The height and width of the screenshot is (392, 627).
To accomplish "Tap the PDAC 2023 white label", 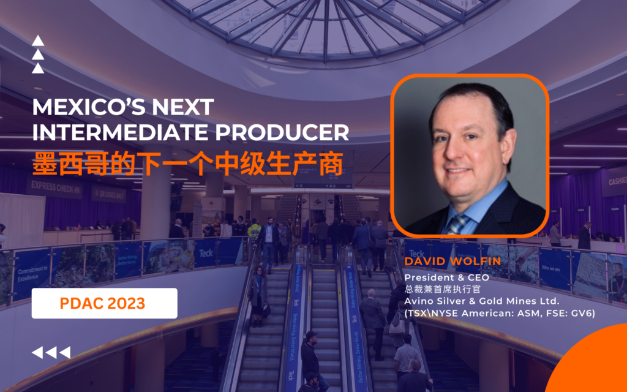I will click(104, 303).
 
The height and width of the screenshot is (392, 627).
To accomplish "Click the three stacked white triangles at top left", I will click(38, 55).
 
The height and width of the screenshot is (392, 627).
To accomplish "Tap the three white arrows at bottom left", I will click(51, 352).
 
